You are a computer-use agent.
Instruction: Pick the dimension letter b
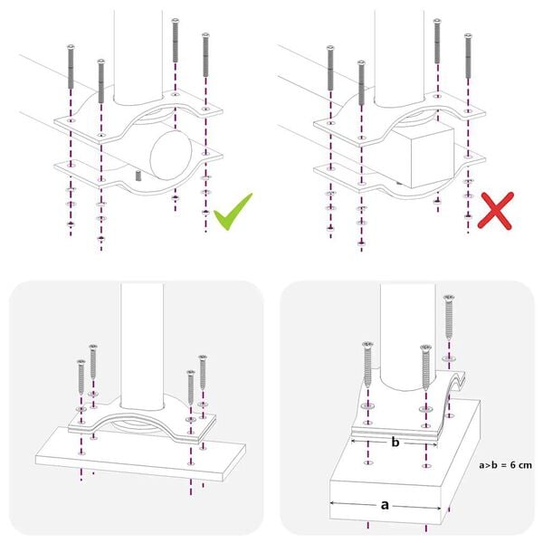(395, 443)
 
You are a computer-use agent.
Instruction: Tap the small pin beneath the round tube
(138, 175)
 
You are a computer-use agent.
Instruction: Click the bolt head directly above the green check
(205, 34)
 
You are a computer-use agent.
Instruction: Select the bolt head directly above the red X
(468, 36)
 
